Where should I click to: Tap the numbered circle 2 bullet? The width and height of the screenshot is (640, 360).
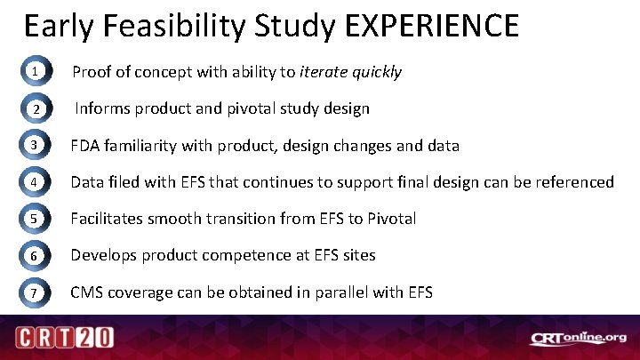33,109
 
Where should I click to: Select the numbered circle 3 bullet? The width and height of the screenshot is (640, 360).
33,146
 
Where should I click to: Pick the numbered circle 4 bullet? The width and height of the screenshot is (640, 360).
33,182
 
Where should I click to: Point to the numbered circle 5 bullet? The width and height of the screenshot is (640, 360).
33,219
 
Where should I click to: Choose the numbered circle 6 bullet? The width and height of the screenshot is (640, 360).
33,255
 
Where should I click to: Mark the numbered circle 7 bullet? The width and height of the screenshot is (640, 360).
33,292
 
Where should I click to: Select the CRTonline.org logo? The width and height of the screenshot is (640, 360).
578,339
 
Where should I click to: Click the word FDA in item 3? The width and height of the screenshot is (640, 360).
85,146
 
